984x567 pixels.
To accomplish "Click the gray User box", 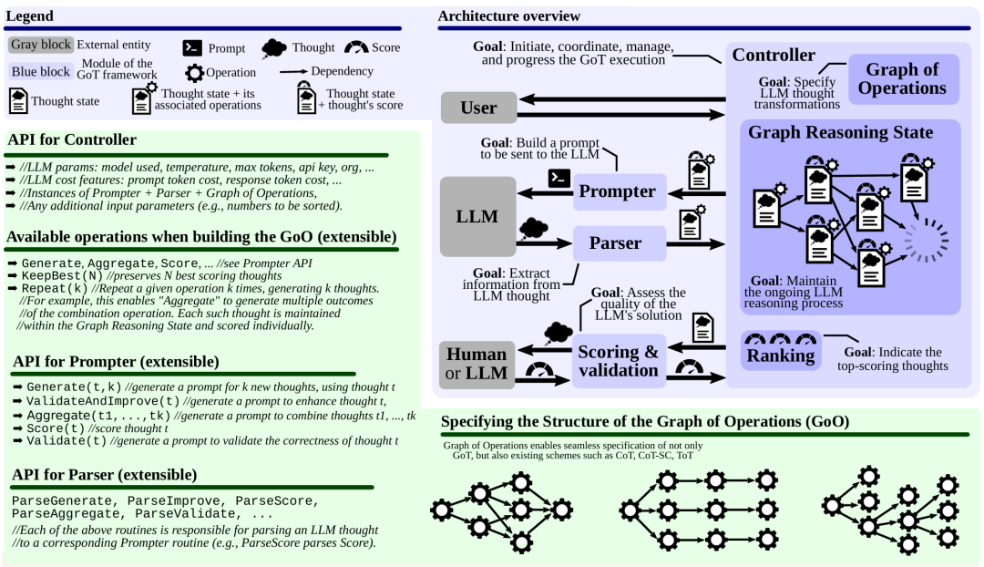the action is tap(479, 108).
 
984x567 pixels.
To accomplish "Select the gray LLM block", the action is tap(477, 216).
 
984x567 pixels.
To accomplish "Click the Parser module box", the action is tap(620, 243).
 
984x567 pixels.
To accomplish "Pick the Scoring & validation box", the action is tap(619, 361).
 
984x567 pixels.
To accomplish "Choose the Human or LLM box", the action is tap(477, 365).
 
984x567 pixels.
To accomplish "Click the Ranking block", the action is tap(781, 350).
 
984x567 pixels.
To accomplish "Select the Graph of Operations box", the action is tap(903, 79).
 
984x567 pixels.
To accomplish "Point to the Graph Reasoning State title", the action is tap(840, 132).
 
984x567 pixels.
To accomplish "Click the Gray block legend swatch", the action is tap(41, 45).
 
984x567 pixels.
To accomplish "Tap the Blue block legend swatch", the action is tap(41, 72).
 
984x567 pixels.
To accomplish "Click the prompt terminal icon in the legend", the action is tap(192, 47).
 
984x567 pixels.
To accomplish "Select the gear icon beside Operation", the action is tap(195, 73).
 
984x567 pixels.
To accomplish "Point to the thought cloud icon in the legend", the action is tap(273, 48).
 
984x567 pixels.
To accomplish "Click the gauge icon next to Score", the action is tap(356, 47).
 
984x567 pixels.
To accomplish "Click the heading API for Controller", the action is tap(72, 139).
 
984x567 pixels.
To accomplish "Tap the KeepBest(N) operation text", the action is tap(63, 275).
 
